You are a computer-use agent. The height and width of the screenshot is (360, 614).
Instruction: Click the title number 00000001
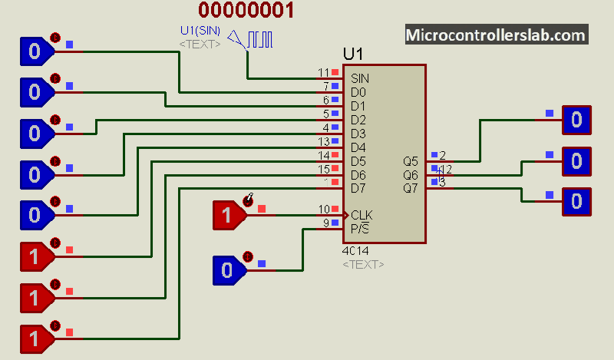(x=246, y=11)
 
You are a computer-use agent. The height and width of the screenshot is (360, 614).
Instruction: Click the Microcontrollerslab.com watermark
(x=496, y=35)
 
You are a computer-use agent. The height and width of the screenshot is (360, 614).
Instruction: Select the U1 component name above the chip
(x=353, y=54)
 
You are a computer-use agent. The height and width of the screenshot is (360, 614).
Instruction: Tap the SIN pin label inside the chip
(x=359, y=78)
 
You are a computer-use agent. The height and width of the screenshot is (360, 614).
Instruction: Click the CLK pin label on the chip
(x=361, y=215)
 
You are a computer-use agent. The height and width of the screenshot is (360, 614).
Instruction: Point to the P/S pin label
(x=360, y=228)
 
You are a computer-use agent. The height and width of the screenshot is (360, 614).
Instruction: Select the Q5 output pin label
(x=411, y=161)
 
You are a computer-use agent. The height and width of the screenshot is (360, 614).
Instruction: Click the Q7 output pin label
(x=411, y=189)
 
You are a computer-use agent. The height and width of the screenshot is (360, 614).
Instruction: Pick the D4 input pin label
(x=358, y=147)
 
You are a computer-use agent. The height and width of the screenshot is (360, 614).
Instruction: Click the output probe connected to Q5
(x=576, y=120)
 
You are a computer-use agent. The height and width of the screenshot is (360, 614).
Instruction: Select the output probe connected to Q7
(x=576, y=202)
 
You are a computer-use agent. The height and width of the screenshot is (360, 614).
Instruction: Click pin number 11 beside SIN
(x=323, y=73)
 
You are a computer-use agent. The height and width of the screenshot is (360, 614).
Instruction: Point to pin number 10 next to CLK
(x=323, y=210)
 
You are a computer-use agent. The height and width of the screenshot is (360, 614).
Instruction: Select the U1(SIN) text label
(x=200, y=31)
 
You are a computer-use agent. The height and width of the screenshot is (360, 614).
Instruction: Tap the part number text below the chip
(x=355, y=251)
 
